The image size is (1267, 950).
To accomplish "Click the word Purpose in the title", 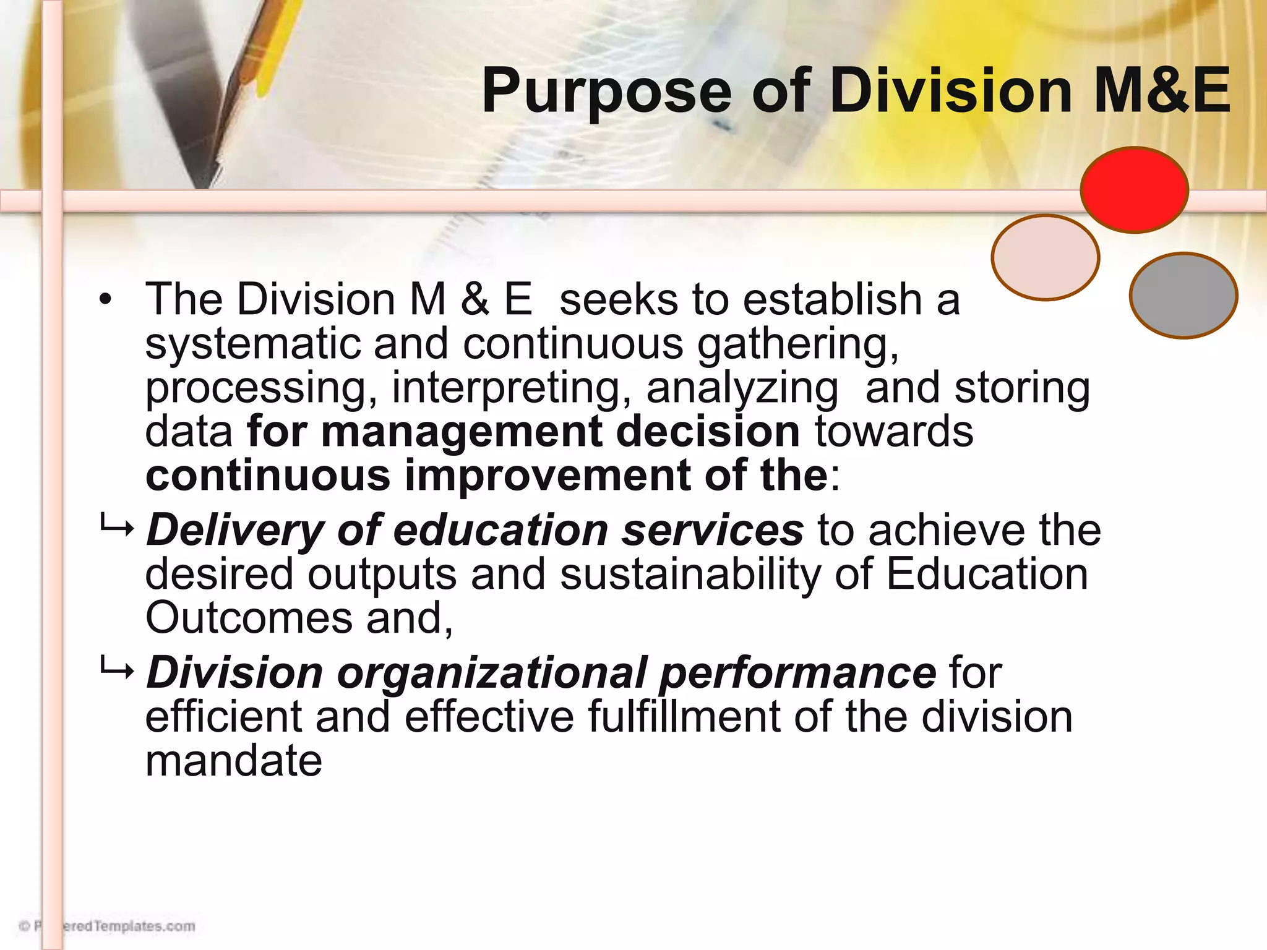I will [x=606, y=93].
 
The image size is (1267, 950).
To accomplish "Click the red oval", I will [x=1134, y=190].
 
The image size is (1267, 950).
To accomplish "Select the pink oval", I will [x=1045, y=257].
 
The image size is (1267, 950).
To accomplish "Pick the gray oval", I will [x=1183, y=296].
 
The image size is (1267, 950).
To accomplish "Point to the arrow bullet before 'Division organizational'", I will [x=116, y=670].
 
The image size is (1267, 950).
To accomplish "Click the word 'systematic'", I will [x=252, y=343].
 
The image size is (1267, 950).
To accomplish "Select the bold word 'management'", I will [x=462, y=431].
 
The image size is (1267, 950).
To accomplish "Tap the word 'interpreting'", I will [x=511, y=388].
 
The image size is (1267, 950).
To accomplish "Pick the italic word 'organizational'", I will [x=491, y=673].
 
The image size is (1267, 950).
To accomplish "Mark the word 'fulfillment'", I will [x=684, y=717].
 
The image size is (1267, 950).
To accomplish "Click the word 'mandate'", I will [x=234, y=761].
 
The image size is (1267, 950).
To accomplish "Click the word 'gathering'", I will [x=797, y=344].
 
